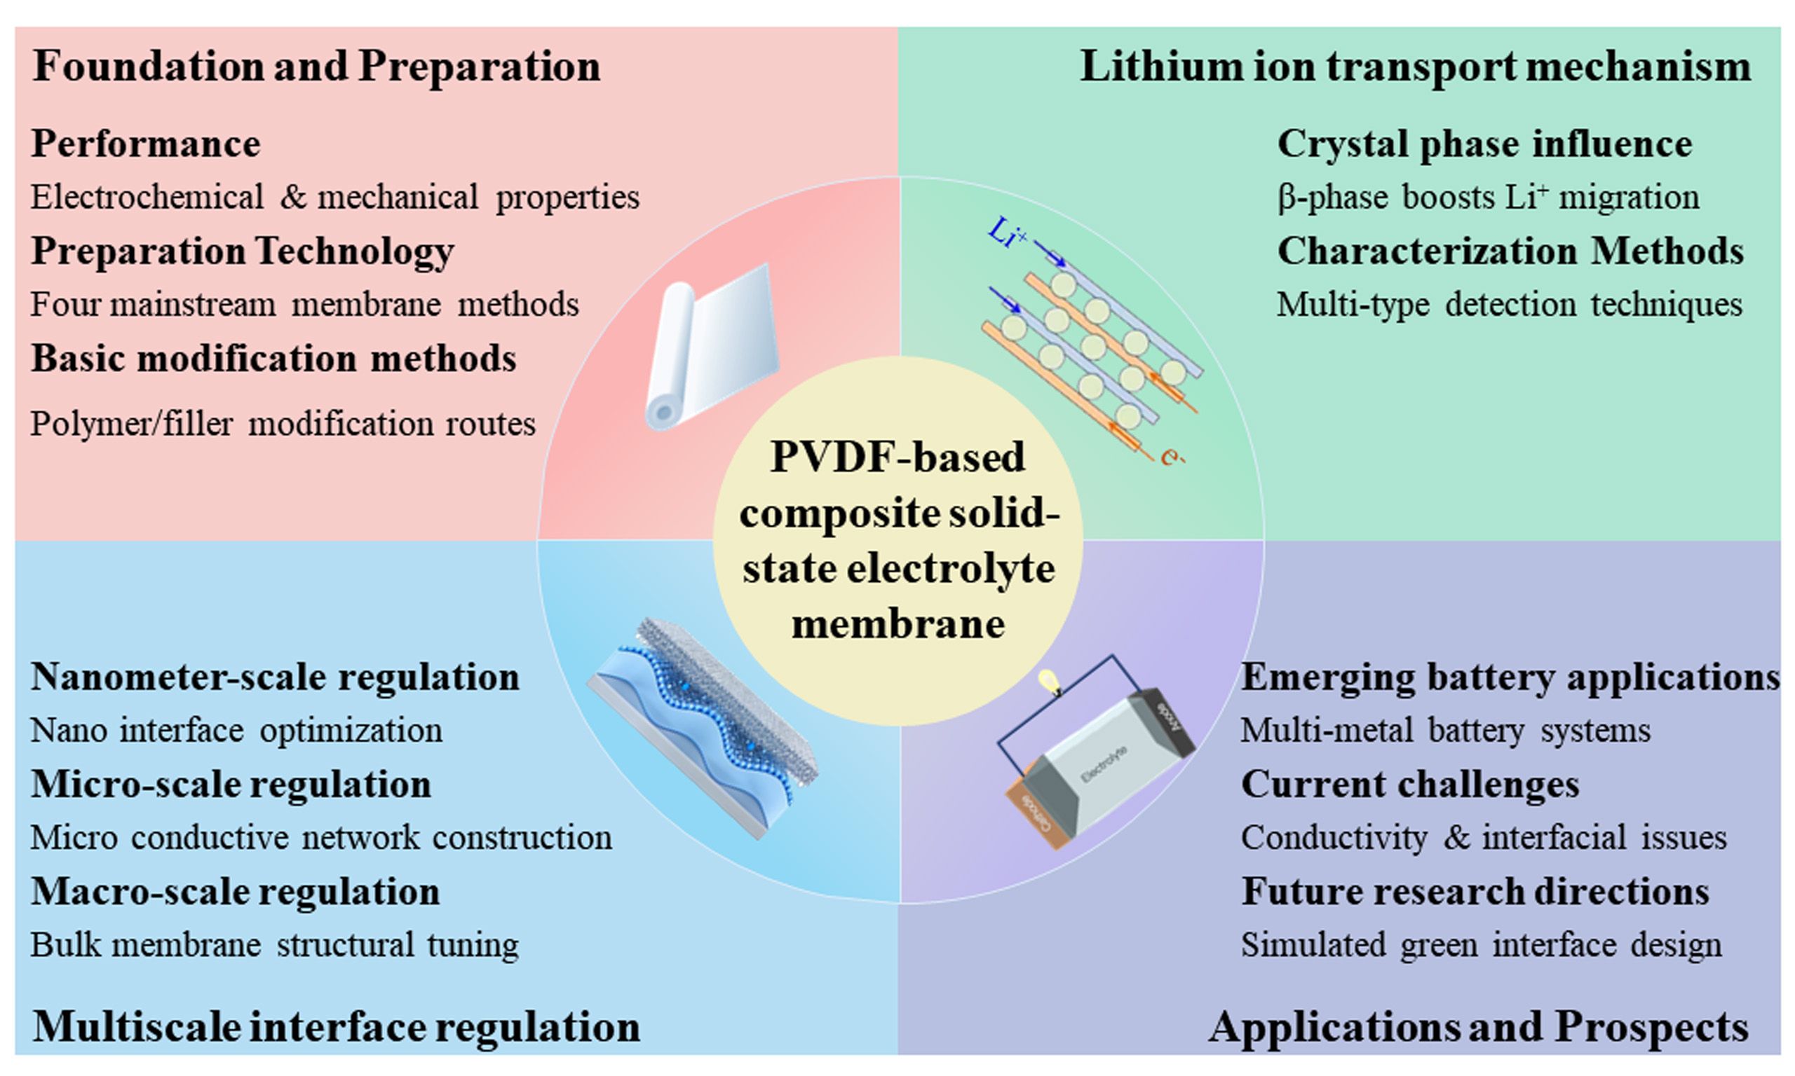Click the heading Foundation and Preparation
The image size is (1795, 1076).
[316, 67]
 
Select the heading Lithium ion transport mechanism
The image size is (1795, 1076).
[1416, 67]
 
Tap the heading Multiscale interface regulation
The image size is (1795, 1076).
[337, 1028]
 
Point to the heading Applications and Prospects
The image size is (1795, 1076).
[1479, 1028]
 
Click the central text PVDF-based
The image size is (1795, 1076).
[897, 457]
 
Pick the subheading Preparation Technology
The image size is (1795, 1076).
[243, 251]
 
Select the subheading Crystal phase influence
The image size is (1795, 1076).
[1484, 144]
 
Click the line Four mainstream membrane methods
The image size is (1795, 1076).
[305, 305]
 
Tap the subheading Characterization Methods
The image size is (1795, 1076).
[1510, 251]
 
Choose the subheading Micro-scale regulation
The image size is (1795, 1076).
[231, 785]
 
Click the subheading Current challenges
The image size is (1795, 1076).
[1410, 785]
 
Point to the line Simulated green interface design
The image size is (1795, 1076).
[1481, 946]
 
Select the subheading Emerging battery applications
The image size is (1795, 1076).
[1510, 678]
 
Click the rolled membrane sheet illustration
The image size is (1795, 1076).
[711, 347]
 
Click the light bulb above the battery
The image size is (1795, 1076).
[1048, 682]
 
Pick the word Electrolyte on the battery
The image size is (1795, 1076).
[1104, 763]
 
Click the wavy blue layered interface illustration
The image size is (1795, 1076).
[703, 728]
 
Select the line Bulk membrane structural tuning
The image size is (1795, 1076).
[274, 946]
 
